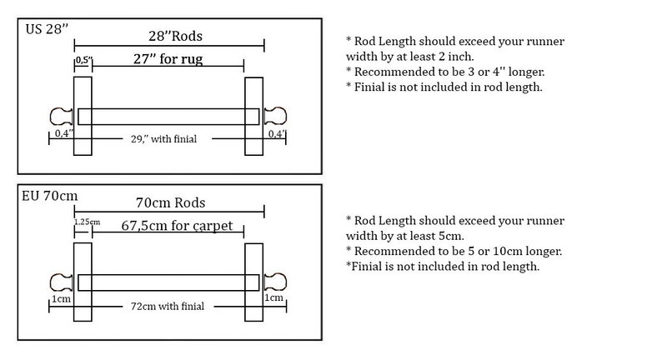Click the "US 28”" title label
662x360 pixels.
pyautogui.click(x=47, y=29)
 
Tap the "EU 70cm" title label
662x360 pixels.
pyautogui.click(x=50, y=196)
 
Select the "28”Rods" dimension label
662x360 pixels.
pyautogui.click(x=175, y=36)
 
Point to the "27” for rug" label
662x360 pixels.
pyautogui.click(x=168, y=58)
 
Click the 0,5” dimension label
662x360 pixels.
pyautogui.click(x=83, y=60)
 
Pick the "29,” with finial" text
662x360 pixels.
pyautogui.click(x=163, y=139)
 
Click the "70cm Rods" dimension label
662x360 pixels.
pyautogui.click(x=171, y=202)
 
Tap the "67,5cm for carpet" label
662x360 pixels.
pyautogui.click(x=177, y=226)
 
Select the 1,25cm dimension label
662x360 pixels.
pyautogui.click(x=87, y=222)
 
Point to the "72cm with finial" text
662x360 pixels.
pyautogui.click(x=168, y=306)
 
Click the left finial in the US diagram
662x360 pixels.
pyautogui.click(x=61, y=117)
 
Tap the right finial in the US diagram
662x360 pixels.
pyautogui.click(x=275, y=116)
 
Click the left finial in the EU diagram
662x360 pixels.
pyautogui.click(x=61, y=282)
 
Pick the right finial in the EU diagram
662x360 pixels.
pyautogui.click(x=275, y=282)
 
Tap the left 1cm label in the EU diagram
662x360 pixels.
pyautogui.click(x=61, y=299)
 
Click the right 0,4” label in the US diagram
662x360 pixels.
pyautogui.click(x=277, y=134)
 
